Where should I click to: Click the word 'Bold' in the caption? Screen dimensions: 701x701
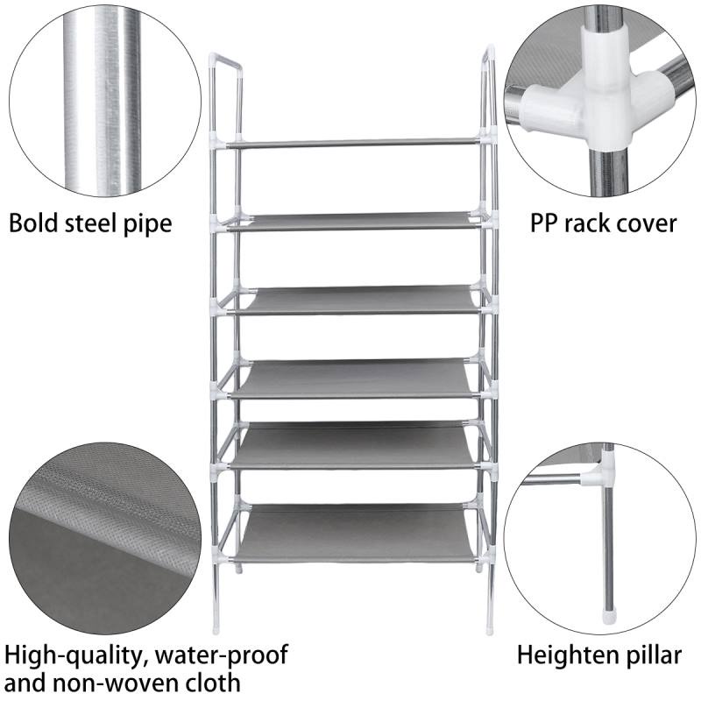33,223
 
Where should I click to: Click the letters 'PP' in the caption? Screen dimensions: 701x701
543,223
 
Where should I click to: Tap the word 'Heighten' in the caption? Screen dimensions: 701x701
562,655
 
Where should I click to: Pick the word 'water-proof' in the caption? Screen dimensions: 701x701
222,656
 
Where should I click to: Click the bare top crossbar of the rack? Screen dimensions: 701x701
353,143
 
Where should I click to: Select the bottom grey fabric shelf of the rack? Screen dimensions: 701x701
356,534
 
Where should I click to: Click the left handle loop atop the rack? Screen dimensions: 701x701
226,94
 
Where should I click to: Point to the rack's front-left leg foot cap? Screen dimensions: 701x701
216,629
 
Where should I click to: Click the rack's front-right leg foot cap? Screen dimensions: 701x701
489,629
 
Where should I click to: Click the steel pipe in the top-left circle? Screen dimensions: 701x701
102,101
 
